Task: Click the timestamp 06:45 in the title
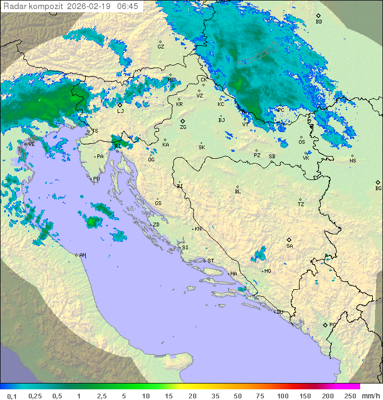coord(128,6)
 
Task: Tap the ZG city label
coord(183,127)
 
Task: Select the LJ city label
coord(120,111)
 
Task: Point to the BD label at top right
coord(319,22)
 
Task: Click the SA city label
coord(289,246)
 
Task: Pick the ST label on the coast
coord(211,261)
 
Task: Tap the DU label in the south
coord(279,312)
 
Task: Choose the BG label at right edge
coord(378,188)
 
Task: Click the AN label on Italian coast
coord(82,255)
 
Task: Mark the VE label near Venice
coord(31,144)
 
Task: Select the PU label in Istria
coord(96,179)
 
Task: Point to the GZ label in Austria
coord(161,46)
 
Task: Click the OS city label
coord(302,142)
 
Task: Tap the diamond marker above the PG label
coord(325,324)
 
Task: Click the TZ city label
coord(301,204)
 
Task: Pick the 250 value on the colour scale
coord(350,396)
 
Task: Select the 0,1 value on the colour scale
coord(12,396)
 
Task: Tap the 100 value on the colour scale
coord(282,396)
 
